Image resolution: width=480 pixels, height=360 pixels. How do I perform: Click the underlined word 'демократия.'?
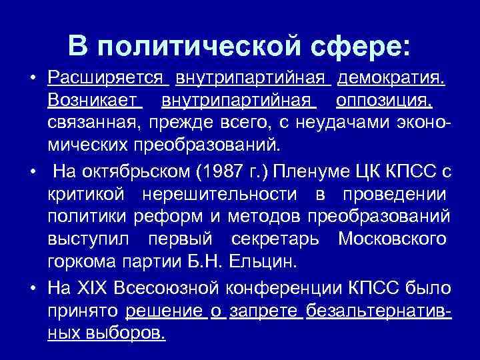[391, 81]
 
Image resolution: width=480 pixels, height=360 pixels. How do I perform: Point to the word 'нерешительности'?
[233, 193]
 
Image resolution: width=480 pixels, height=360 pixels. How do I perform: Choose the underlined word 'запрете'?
[266, 311]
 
